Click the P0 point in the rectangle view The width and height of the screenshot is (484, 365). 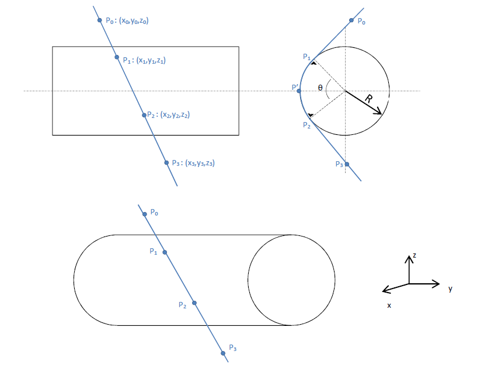pyautogui.click(x=100, y=20)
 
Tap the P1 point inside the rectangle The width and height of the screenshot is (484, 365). pyautogui.click(x=117, y=57)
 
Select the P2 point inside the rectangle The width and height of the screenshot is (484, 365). pyautogui.click(x=144, y=114)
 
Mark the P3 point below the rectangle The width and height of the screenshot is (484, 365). pyautogui.click(x=166, y=162)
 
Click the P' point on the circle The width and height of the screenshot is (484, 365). pyautogui.click(x=299, y=91)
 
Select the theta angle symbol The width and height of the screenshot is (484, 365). pyautogui.click(x=320, y=88)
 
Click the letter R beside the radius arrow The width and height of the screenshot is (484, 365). pyautogui.click(x=368, y=99)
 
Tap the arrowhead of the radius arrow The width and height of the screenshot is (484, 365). pyautogui.click(x=379, y=112)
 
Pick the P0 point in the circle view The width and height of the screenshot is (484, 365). pyautogui.click(x=351, y=20)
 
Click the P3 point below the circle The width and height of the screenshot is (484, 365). pyautogui.click(x=347, y=164)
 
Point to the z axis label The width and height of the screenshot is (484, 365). pyautogui.click(x=414, y=256)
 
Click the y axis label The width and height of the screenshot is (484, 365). pyautogui.click(x=450, y=288)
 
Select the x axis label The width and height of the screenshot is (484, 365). pyautogui.click(x=389, y=305)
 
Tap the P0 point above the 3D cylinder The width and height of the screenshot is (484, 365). pyautogui.click(x=145, y=214)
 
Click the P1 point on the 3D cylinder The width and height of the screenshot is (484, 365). pyautogui.click(x=165, y=252)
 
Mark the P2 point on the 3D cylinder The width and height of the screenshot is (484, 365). pyautogui.click(x=194, y=303)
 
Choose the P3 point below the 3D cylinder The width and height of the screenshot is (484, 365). pyautogui.click(x=223, y=353)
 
